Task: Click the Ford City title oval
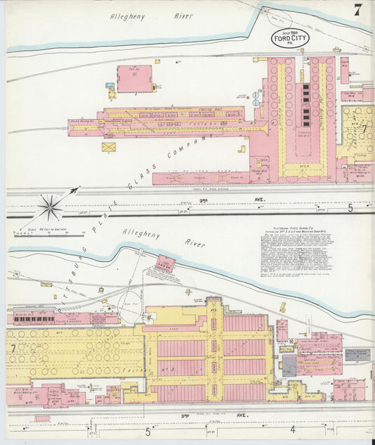click(290, 38)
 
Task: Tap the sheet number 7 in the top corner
click(358, 10)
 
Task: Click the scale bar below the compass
click(52, 230)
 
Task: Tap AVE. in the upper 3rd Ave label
click(260, 200)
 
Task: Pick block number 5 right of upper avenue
click(350, 208)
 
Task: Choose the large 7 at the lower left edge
click(13, 349)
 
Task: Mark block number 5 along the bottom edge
click(148, 431)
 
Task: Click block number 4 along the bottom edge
click(291, 429)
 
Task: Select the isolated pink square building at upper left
click(134, 79)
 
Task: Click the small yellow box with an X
click(109, 148)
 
